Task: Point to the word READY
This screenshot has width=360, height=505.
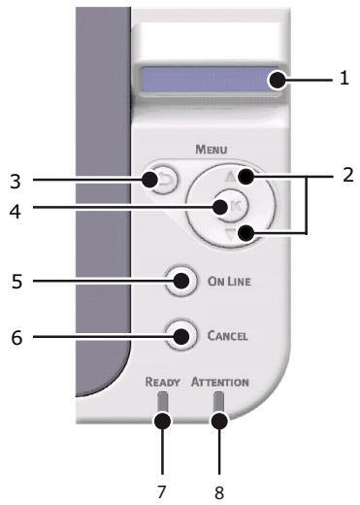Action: tap(163, 382)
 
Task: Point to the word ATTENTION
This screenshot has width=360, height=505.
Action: tap(220, 382)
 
